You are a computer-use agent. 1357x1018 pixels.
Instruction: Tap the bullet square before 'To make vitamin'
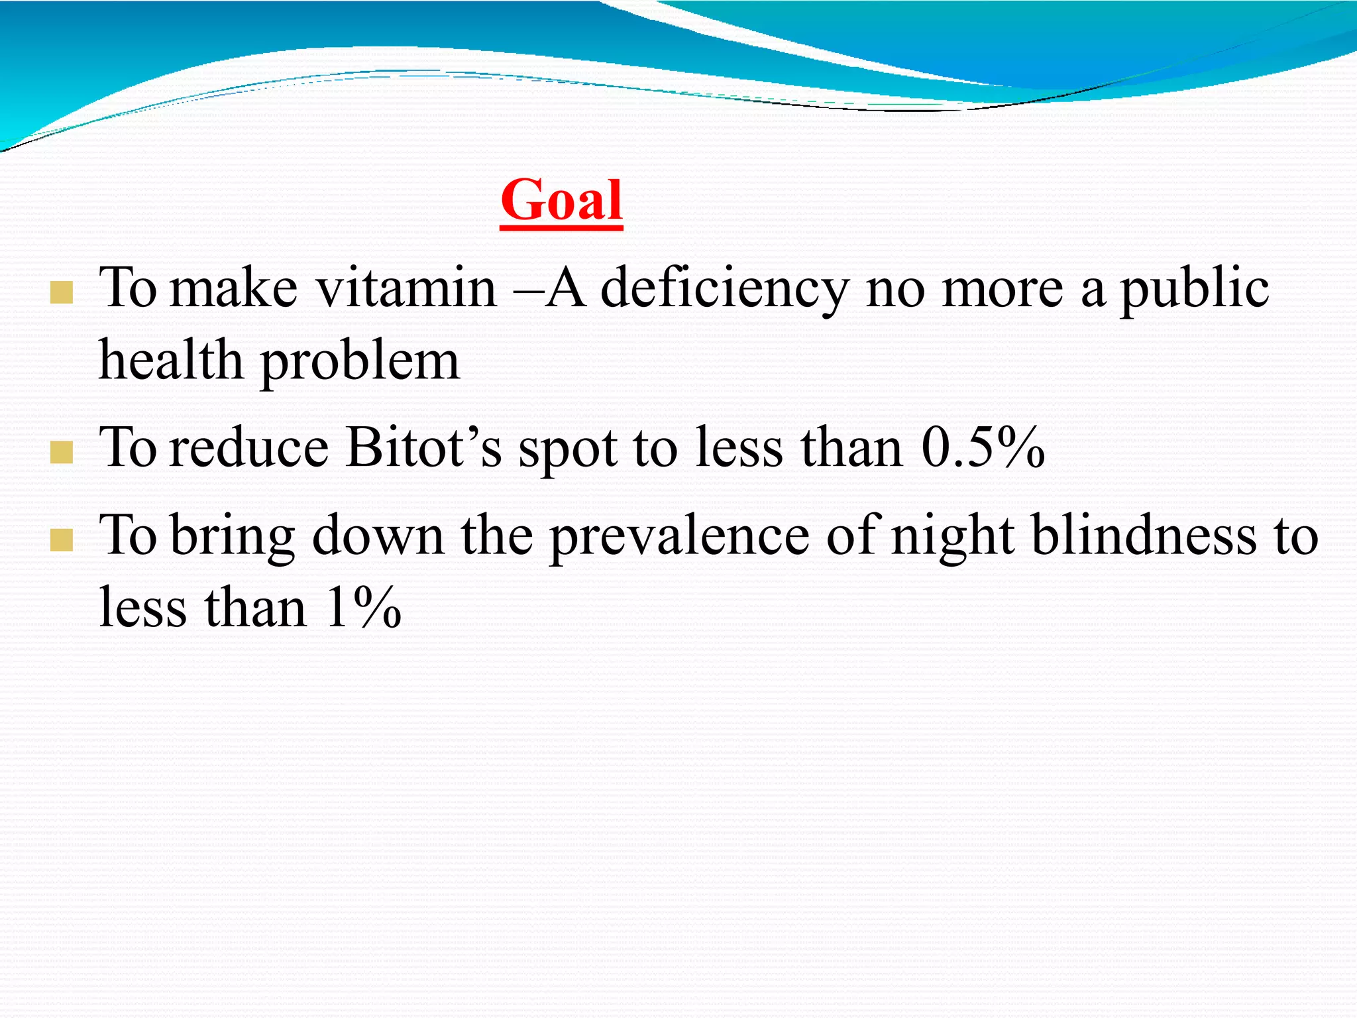61,293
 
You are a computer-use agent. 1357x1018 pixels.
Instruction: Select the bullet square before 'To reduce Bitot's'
61,453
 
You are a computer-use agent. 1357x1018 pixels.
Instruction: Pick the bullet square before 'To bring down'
61,540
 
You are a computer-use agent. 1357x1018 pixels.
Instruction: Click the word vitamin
406,288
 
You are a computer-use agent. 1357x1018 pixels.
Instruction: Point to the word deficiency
724,290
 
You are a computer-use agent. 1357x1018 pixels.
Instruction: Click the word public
1194,290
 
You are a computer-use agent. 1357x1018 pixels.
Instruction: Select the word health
171,361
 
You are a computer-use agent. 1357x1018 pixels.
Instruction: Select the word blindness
1144,536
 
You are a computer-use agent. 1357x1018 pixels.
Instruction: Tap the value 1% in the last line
364,608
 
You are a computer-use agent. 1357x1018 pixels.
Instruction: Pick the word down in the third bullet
378,536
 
